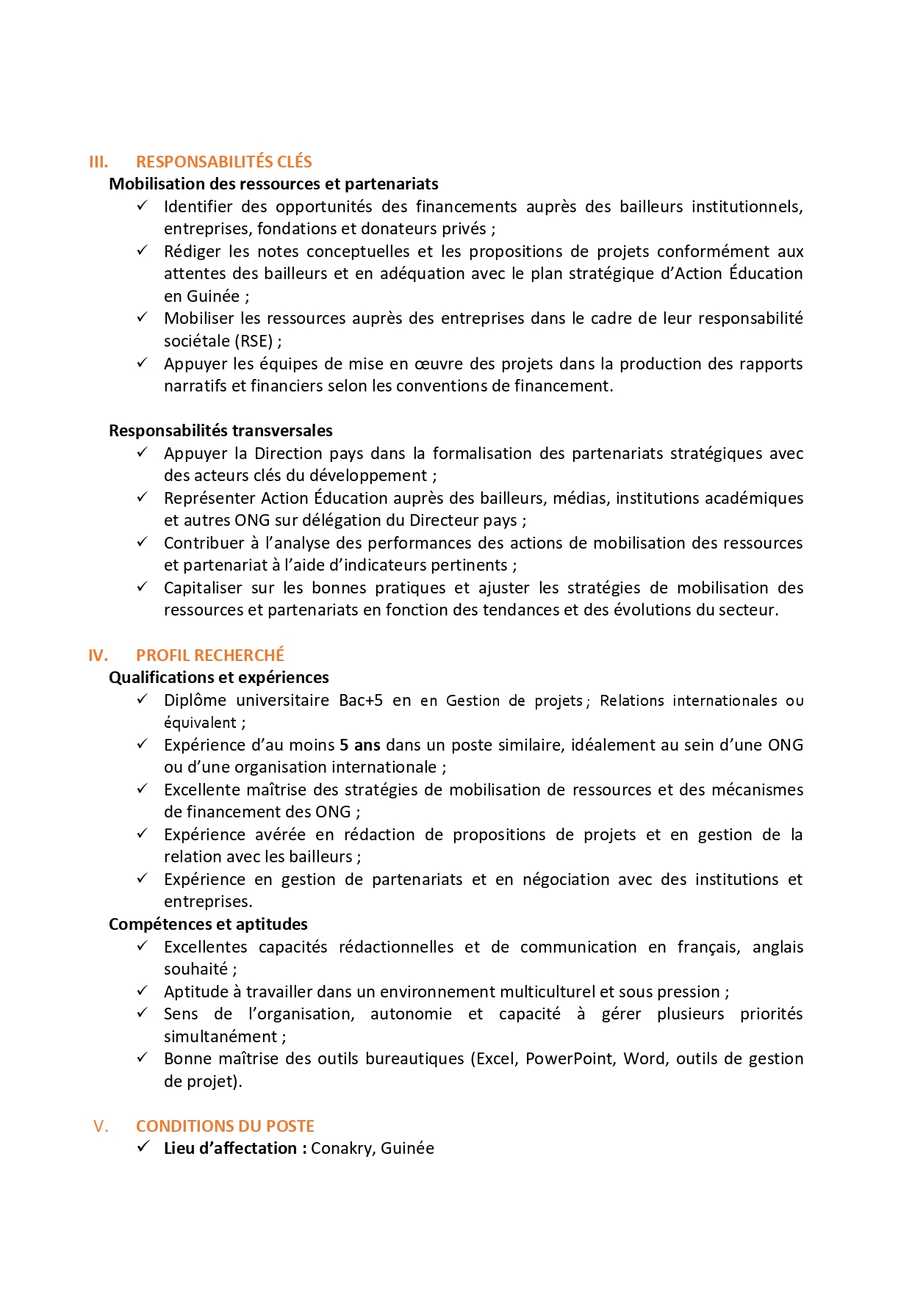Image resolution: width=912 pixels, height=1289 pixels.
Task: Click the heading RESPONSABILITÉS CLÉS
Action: (x=223, y=162)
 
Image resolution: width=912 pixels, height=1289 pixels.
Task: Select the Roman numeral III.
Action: (x=98, y=162)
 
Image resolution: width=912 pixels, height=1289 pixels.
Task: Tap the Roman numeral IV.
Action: (x=98, y=655)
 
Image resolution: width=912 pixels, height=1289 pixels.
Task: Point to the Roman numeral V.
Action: (x=101, y=1126)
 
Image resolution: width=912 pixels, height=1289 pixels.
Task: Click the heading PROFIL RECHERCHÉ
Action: (x=209, y=655)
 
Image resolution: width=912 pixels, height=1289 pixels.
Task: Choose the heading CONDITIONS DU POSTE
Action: (x=225, y=1126)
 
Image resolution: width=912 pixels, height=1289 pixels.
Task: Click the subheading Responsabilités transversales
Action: (x=220, y=430)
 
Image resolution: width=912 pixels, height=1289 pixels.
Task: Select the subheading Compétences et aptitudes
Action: (x=208, y=924)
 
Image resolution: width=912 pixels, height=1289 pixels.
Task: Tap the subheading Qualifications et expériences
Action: (x=218, y=677)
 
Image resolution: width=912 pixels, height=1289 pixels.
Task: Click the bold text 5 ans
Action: (x=359, y=745)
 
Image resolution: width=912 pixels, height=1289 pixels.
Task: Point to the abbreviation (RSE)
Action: (x=254, y=341)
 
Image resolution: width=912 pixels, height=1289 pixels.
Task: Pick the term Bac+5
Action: (x=361, y=700)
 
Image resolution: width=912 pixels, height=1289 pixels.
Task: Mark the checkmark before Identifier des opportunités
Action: (x=143, y=206)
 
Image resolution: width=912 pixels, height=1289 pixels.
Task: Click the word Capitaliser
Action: (x=203, y=588)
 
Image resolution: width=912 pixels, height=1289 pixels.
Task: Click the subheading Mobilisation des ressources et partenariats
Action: (x=273, y=184)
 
